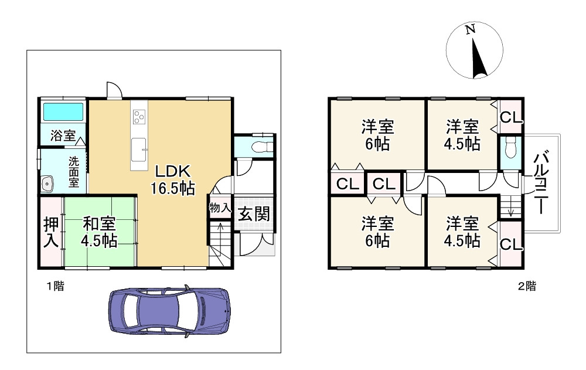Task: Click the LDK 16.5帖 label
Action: coord(173,179)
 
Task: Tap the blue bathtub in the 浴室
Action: coord(63,111)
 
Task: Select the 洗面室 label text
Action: coord(74,172)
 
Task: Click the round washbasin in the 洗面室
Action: coord(47,184)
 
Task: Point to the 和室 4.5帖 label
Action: coord(100,233)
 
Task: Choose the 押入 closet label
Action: coord(51,232)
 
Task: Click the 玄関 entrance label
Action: coord(254,215)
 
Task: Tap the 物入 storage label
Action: coord(220,208)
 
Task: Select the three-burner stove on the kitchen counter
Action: coord(139,117)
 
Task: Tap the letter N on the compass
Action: coord(470,29)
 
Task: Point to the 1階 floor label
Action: coord(55,287)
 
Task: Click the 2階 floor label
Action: coord(527,287)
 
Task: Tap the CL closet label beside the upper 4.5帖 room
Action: coord(510,118)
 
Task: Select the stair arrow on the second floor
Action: coord(511,211)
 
